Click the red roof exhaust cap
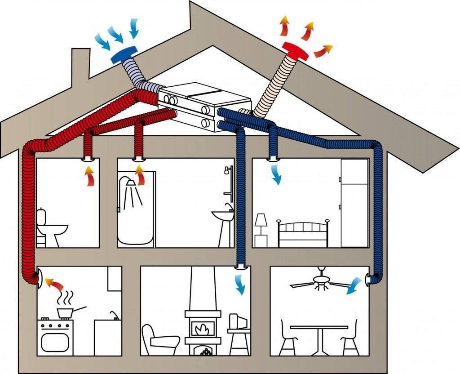(295, 50)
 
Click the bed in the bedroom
(303, 234)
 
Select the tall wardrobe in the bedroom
(354, 202)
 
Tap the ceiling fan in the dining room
(321, 281)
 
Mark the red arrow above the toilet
(90, 176)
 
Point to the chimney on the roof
(79, 67)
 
